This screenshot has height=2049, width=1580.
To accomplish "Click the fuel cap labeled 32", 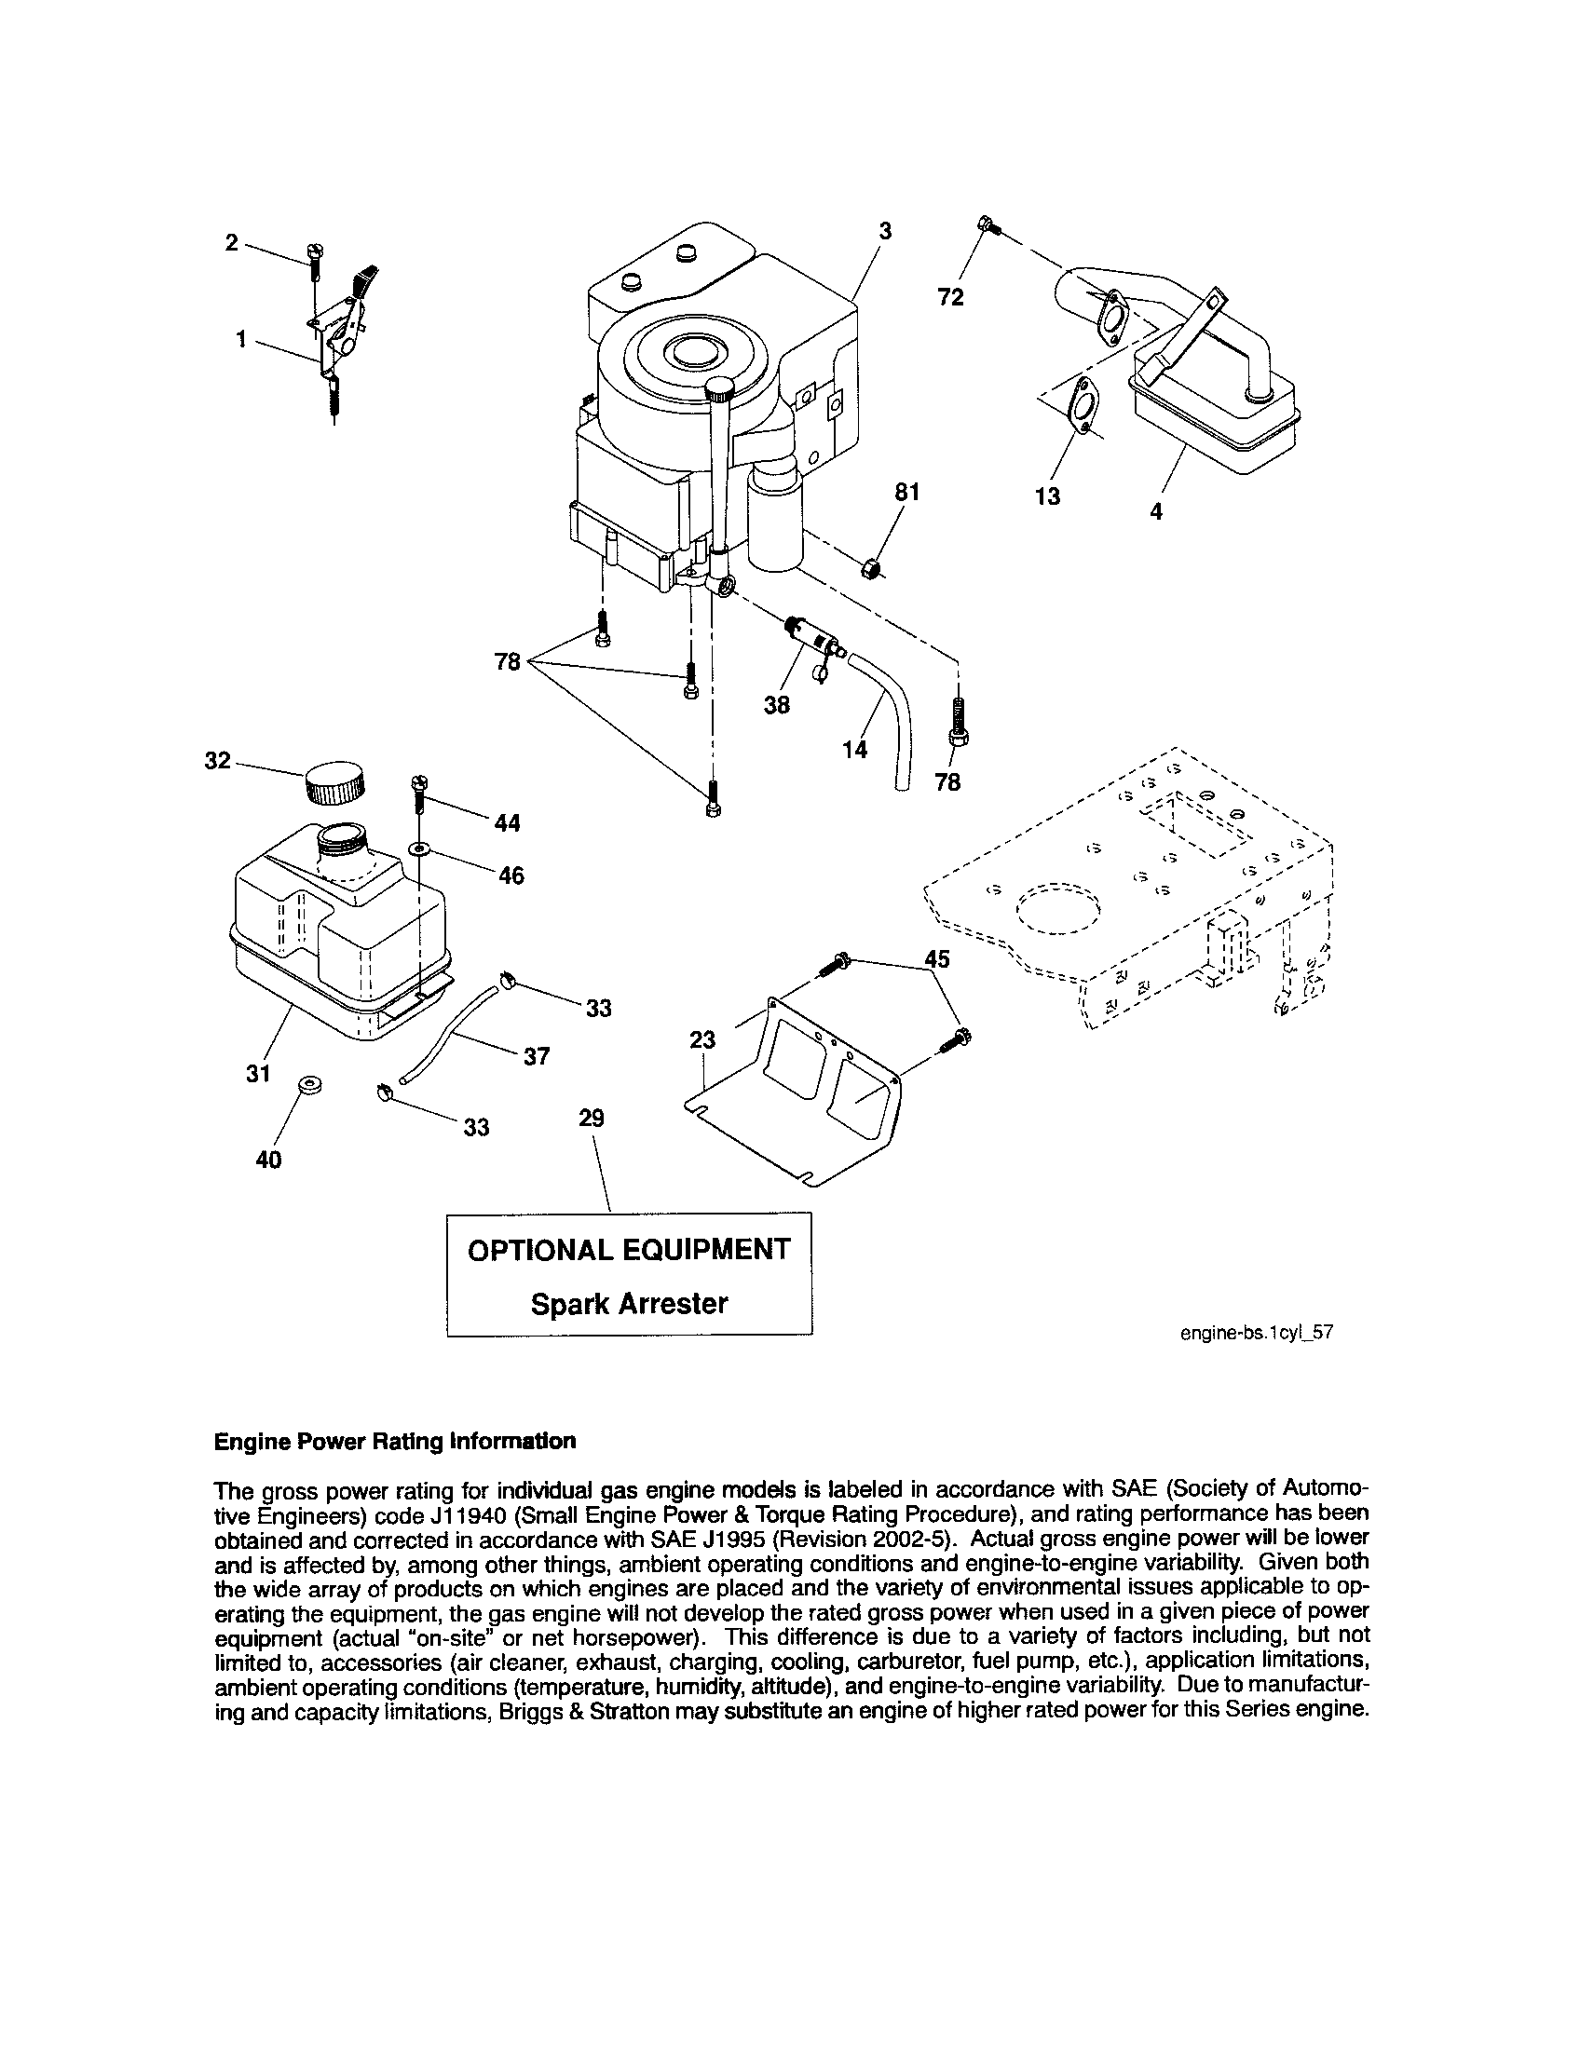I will [x=334, y=782].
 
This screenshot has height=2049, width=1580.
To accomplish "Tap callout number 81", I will [x=906, y=493].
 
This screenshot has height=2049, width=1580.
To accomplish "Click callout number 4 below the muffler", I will [x=1156, y=512].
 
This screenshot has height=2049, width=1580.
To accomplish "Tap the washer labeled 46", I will [x=417, y=849].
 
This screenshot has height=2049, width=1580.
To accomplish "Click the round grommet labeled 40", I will [x=308, y=1086].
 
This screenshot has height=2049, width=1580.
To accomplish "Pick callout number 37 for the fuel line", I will [x=536, y=1056].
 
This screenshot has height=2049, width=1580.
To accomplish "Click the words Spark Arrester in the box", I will [x=629, y=1304].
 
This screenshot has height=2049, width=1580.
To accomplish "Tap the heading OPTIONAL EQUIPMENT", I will [x=629, y=1250].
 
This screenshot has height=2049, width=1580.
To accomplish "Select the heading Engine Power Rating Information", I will [x=394, y=1441].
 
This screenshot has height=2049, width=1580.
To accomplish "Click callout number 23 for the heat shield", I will [x=701, y=1039].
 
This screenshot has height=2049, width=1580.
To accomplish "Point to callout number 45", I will [x=936, y=958].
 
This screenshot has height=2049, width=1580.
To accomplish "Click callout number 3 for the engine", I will [x=884, y=231].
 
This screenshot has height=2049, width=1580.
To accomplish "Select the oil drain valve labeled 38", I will [x=812, y=637].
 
